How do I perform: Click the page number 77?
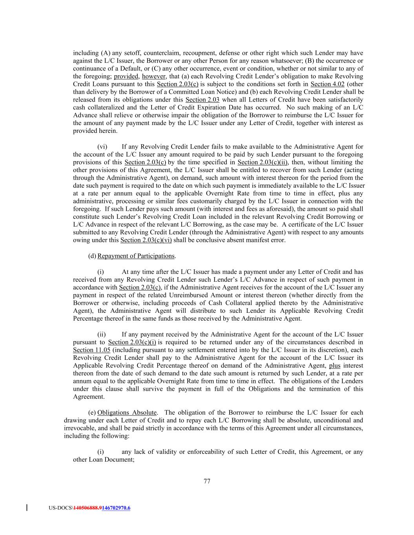pos(207,482)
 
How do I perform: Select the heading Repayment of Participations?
pos(136,256)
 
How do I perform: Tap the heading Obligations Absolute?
pos(127,413)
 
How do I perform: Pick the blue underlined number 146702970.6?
pos(116,508)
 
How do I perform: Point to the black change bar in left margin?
pos(27,508)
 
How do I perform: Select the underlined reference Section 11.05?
pos(91,350)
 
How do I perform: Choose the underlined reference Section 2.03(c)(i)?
pos(132,342)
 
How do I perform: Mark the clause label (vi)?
pos(102,147)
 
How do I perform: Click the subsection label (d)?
pos(92,256)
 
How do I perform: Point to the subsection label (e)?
pos(92,413)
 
